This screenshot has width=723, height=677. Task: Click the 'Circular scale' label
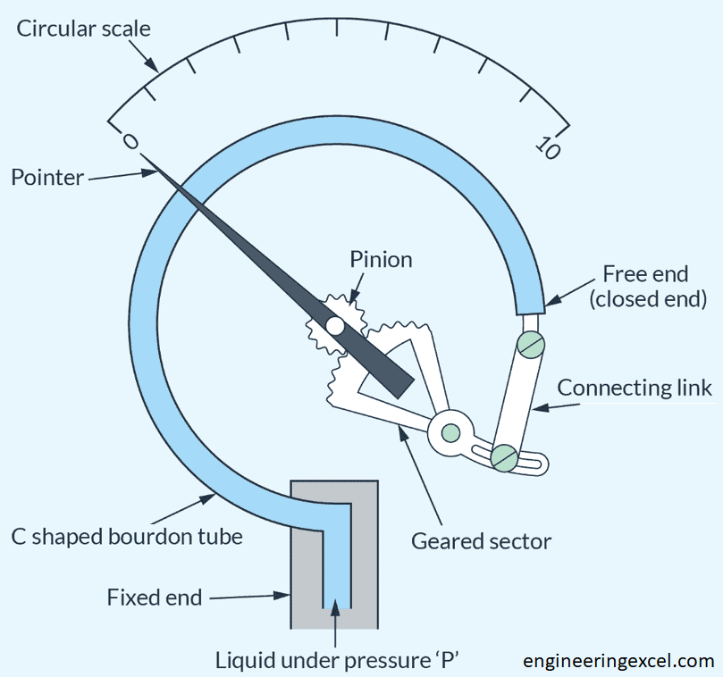click(x=84, y=29)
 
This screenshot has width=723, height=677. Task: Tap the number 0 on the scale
click(x=130, y=142)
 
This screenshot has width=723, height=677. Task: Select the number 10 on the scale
click(x=548, y=147)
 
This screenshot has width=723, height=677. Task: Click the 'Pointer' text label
click(x=46, y=177)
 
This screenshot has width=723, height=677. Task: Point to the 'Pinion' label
click(x=382, y=260)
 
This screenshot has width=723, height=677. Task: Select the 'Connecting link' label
click(x=635, y=388)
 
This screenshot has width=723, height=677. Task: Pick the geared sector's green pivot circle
click(x=450, y=433)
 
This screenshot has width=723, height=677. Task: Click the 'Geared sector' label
click(x=481, y=540)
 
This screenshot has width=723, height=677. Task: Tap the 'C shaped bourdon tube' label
click(x=126, y=538)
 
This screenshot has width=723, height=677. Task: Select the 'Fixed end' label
click(x=154, y=596)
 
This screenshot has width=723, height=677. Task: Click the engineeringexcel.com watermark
click(x=618, y=661)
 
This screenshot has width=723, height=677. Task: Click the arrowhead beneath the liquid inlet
click(x=335, y=610)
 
